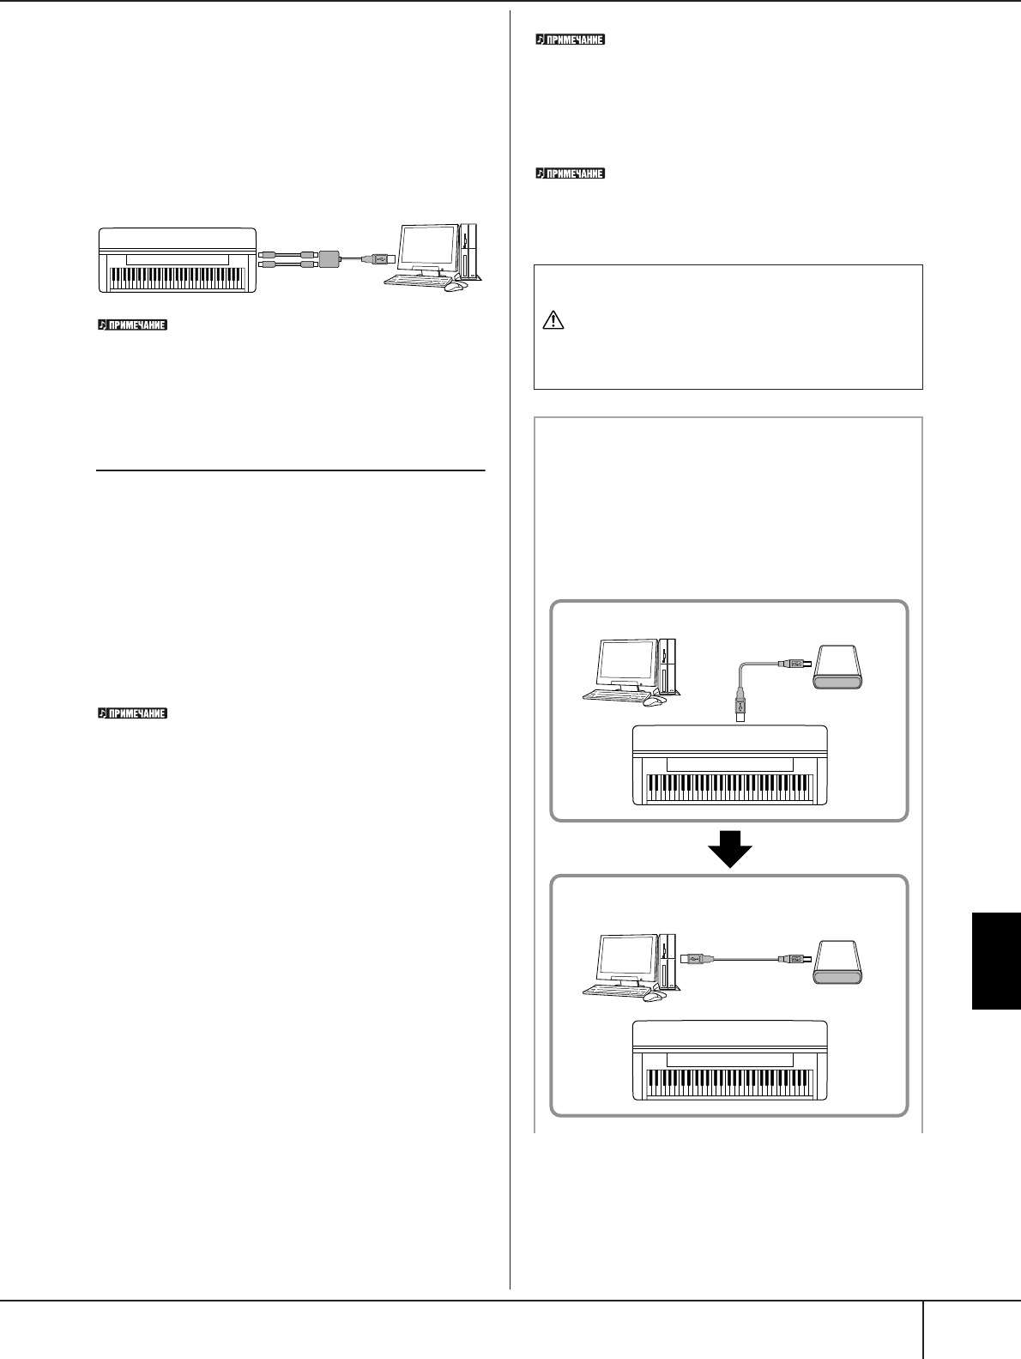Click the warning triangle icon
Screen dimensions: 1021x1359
click(553, 320)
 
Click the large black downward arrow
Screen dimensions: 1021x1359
click(730, 848)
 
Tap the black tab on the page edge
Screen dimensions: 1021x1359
click(996, 961)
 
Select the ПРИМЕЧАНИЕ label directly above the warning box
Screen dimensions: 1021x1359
click(571, 173)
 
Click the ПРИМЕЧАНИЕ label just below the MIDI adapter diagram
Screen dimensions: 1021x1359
click(132, 325)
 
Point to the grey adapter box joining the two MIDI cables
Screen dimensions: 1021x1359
click(329, 258)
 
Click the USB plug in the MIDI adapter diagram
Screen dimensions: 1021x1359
click(378, 258)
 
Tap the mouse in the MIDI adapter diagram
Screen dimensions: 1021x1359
click(456, 286)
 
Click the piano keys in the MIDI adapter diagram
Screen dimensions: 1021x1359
click(177, 279)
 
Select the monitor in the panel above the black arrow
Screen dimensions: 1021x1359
click(627, 665)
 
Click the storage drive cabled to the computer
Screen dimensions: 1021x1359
click(839, 962)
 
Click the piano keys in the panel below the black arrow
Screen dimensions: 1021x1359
click(730, 1083)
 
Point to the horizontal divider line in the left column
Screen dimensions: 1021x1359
click(290, 470)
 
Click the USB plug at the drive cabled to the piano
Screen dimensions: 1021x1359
click(794, 663)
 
